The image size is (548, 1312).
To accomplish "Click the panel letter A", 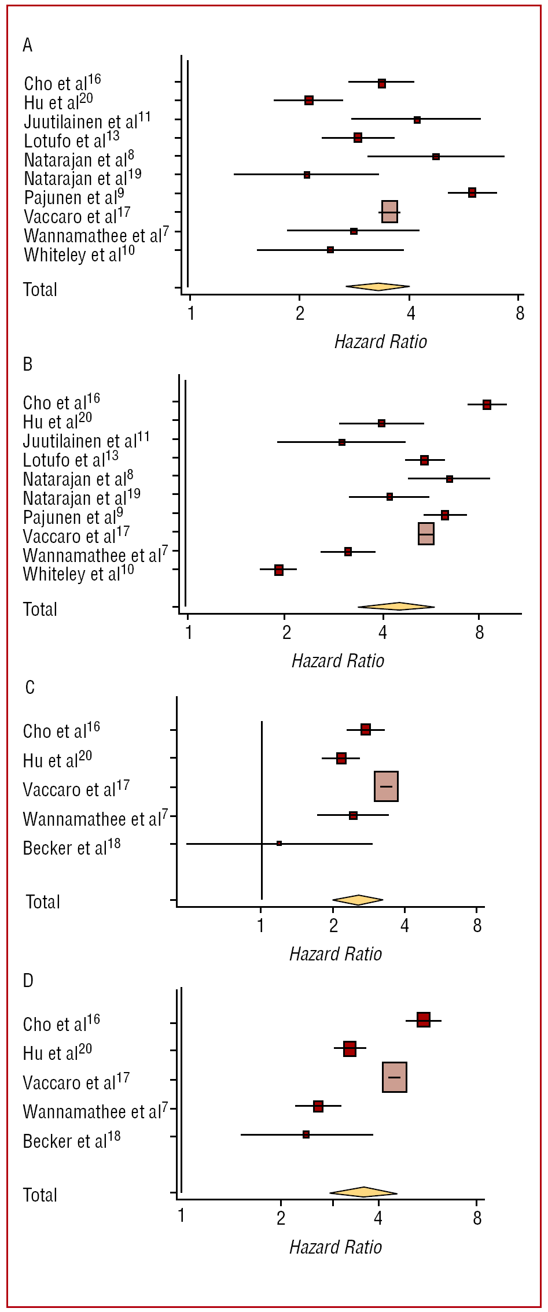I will (x=28, y=45).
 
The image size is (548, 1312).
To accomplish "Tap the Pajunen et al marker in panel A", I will (x=472, y=193).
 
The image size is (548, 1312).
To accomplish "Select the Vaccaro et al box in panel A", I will (x=389, y=212).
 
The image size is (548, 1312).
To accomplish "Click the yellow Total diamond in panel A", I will (x=378, y=286).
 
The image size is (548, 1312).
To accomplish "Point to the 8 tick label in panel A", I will (x=520, y=314).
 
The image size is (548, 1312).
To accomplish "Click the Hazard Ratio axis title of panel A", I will (x=380, y=342).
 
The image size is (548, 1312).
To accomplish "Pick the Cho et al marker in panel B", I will (x=487, y=405).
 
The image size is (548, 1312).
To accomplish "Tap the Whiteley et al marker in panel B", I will (x=279, y=570).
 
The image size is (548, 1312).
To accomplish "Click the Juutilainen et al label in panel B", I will (x=86, y=441).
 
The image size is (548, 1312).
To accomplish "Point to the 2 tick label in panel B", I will (x=286, y=633).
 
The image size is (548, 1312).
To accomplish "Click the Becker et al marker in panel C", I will (x=279, y=844).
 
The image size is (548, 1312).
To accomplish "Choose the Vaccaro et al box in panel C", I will (x=386, y=786).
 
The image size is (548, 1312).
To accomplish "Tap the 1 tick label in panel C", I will (x=261, y=926).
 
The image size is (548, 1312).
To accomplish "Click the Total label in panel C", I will (x=43, y=902).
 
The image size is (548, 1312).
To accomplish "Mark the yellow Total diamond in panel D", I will (x=363, y=1192).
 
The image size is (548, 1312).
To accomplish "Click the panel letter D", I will (x=28, y=981).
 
